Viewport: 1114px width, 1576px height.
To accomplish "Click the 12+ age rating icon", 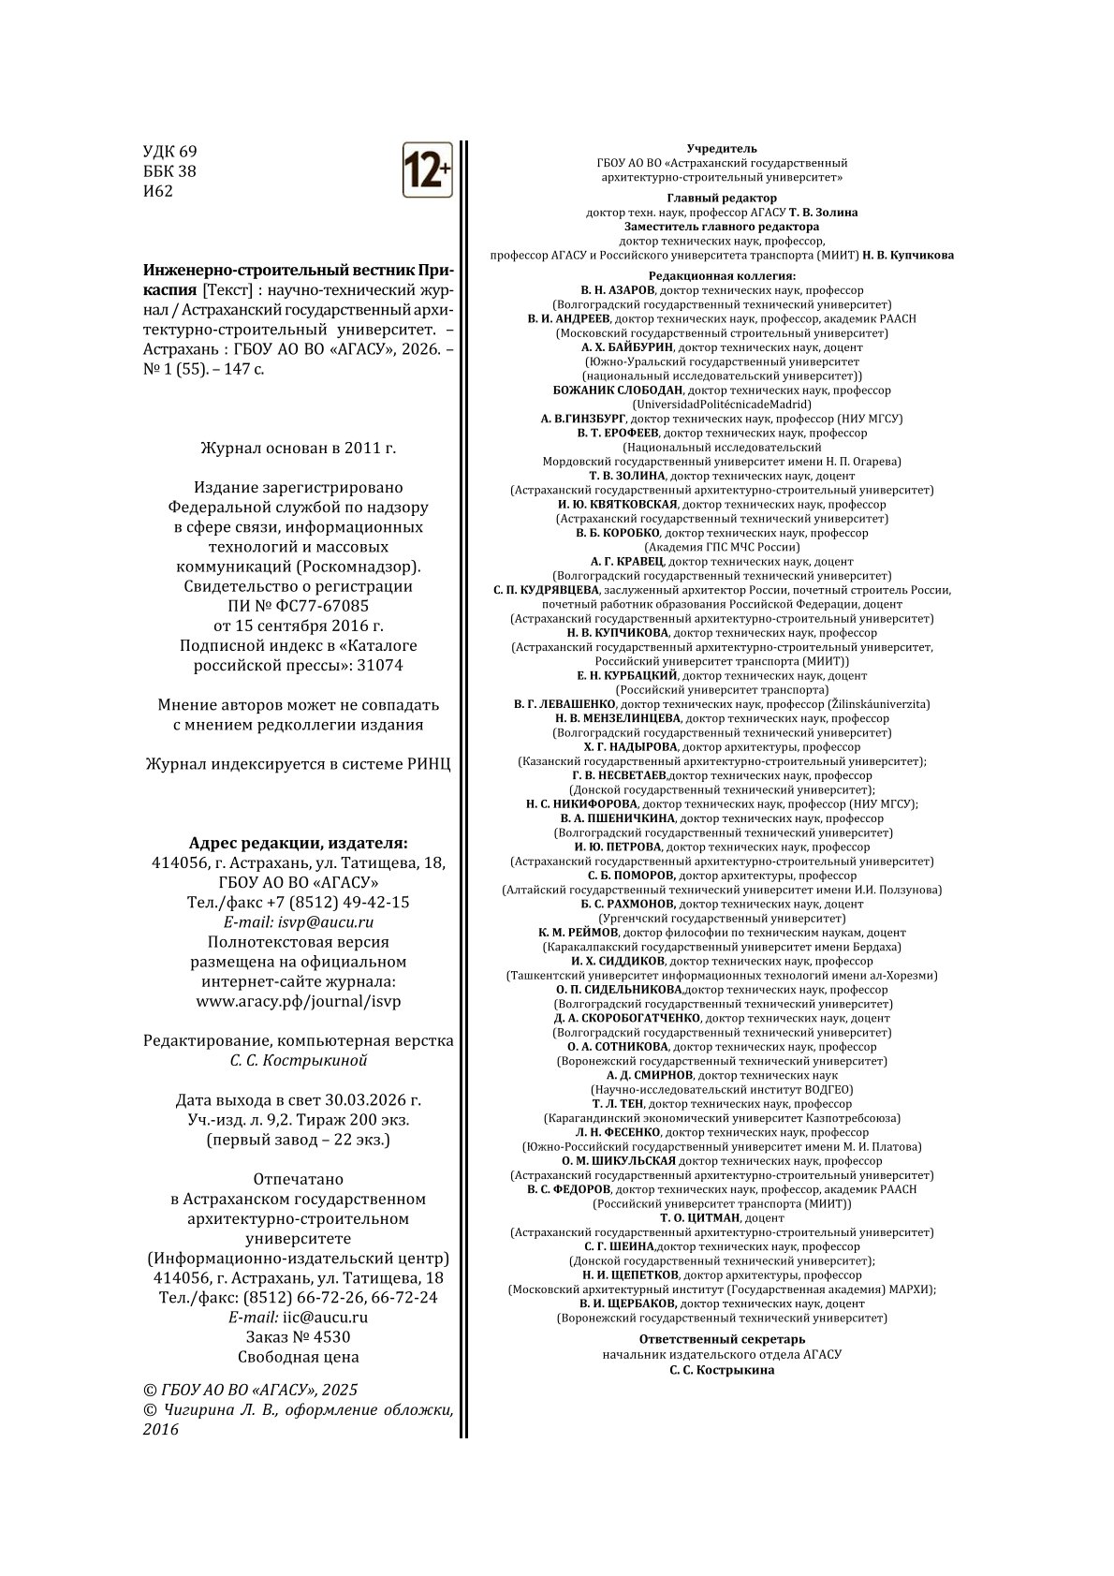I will tap(427, 169).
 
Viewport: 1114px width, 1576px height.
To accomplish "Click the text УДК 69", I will tap(169, 152).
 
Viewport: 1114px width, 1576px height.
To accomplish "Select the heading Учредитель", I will tap(722, 148).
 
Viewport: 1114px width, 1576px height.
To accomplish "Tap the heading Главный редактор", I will tap(722, 198).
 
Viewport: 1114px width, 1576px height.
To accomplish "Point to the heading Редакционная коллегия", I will tap(722, 276).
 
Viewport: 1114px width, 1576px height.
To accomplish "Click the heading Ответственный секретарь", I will tap(722, 1339).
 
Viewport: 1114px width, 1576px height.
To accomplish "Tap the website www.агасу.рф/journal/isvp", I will tap(299, 1001).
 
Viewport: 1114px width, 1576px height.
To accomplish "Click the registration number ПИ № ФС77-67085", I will tap(299, 606).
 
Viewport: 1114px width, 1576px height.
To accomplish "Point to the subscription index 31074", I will tap(382, 665).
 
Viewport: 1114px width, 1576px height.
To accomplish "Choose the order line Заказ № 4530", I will tap(299, 1336).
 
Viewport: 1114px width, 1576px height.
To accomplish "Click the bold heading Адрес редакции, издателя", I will tap(299, 842).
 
